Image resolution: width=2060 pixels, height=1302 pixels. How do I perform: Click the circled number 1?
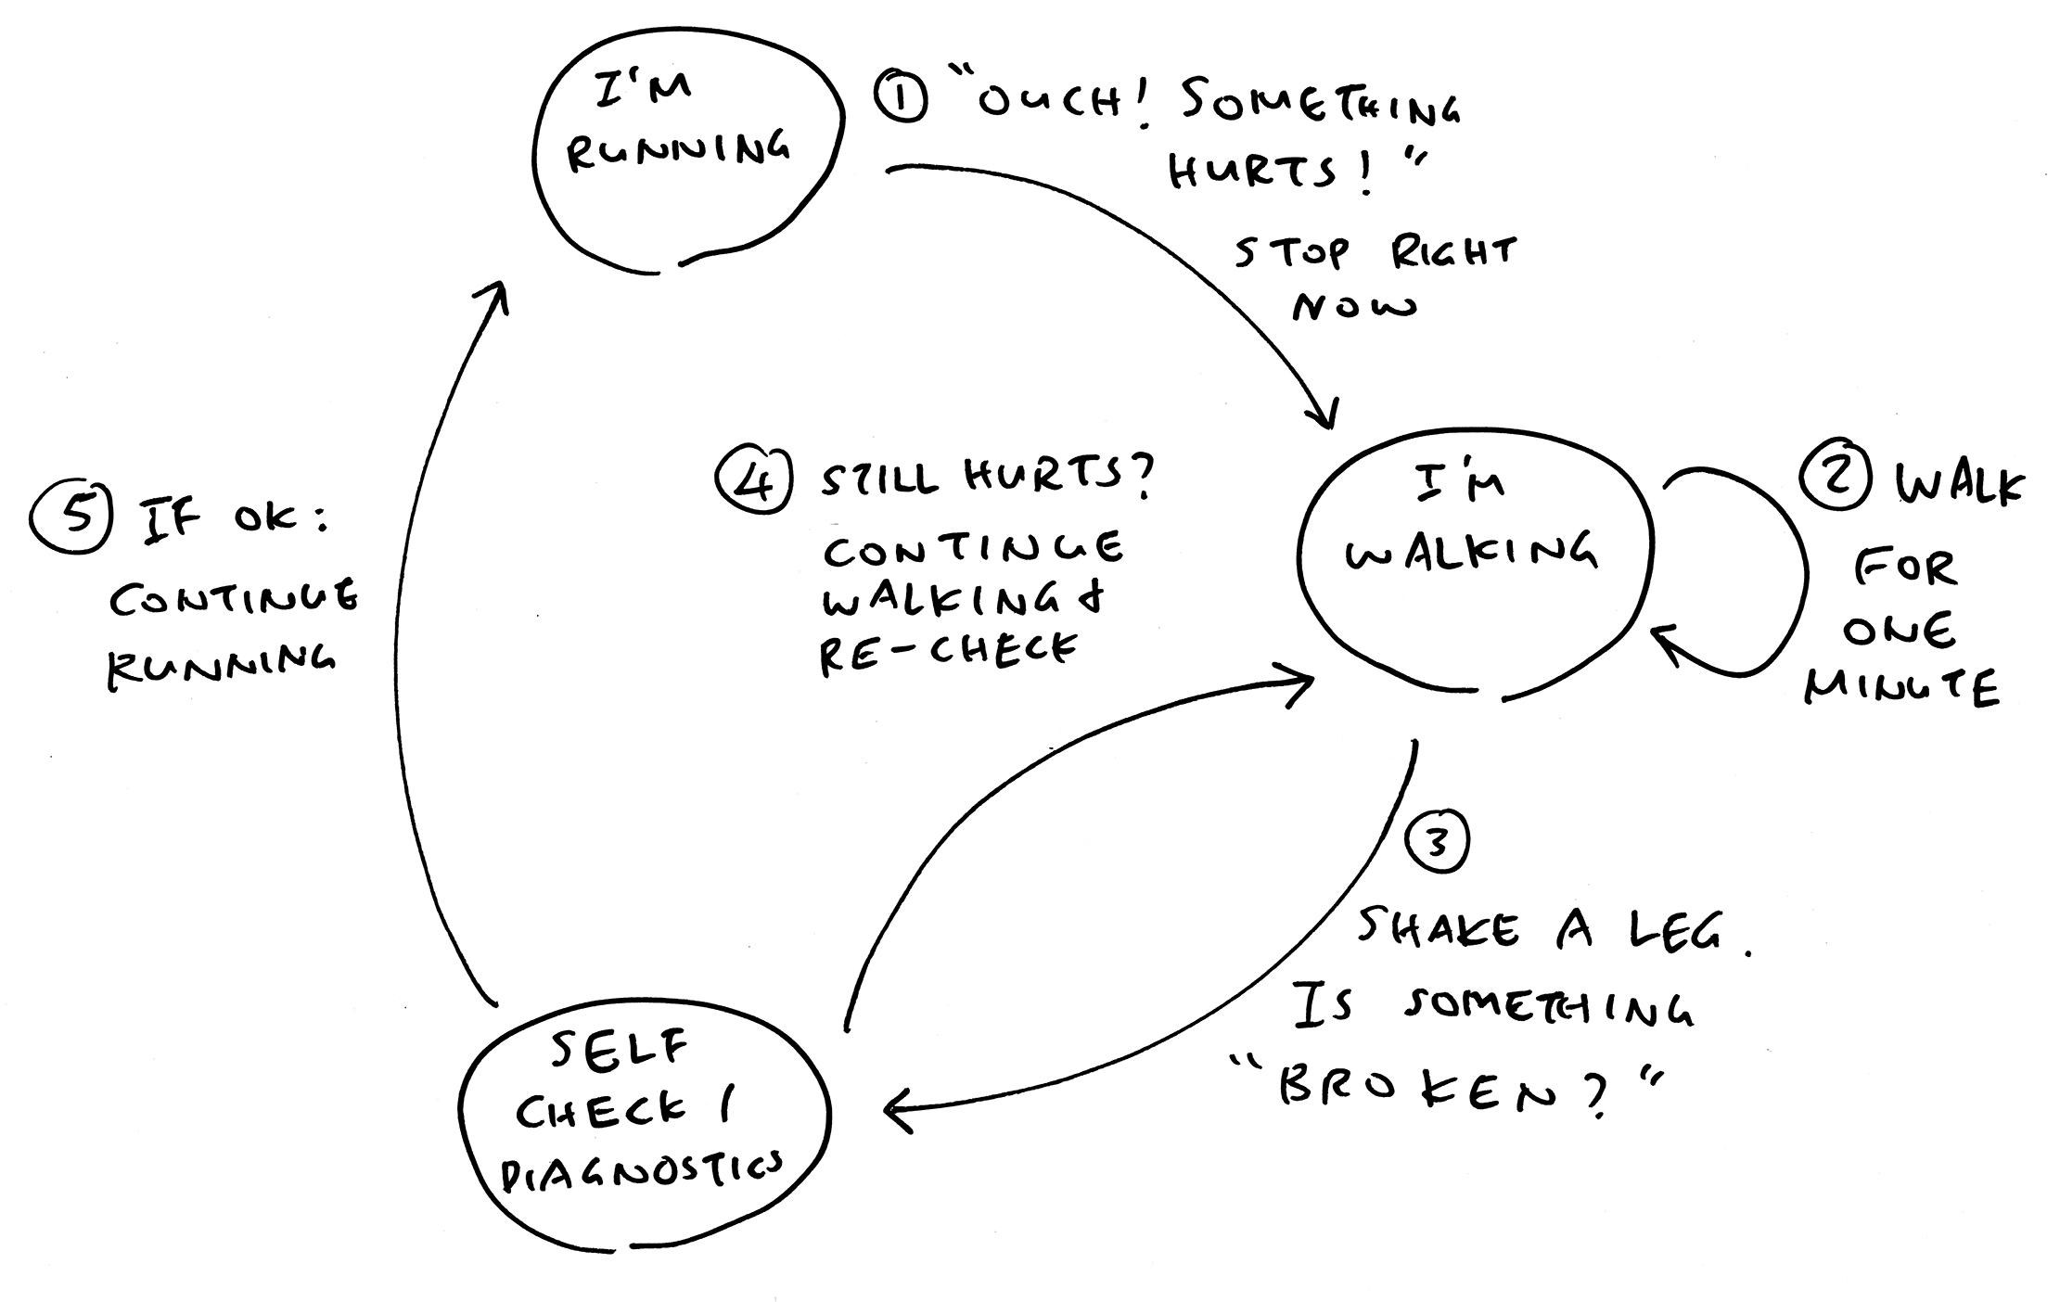point(899,99)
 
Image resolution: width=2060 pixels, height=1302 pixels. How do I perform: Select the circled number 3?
point(1437,843)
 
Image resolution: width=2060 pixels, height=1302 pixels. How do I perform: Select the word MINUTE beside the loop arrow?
point(1901,688)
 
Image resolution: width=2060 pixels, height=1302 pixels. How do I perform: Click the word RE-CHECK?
point(948,652)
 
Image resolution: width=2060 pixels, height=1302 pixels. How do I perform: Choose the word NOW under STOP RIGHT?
point(1354,306)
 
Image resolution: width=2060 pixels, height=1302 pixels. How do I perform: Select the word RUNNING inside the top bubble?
point(678,150)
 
